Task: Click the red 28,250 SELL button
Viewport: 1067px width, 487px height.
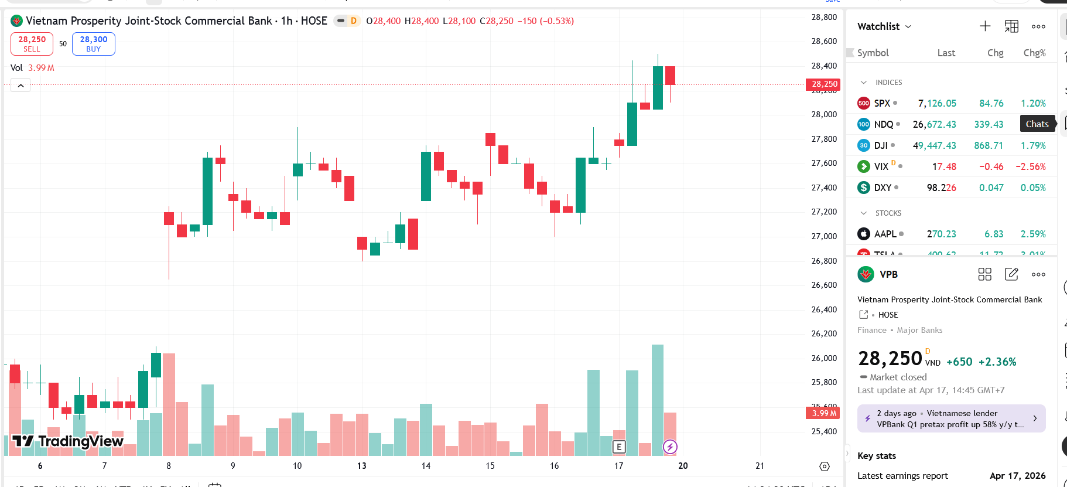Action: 32,44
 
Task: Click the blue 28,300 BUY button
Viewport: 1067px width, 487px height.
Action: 94,44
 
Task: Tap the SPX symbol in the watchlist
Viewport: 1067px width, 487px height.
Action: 882,103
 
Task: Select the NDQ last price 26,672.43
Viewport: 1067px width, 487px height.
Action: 934,124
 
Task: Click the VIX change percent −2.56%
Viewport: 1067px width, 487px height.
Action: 1030,166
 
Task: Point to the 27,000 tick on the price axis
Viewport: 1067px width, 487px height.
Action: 824,236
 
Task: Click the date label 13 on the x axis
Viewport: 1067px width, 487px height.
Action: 361,466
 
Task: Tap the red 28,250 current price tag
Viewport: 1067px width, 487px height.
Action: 824,84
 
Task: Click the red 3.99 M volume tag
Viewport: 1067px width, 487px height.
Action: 823,413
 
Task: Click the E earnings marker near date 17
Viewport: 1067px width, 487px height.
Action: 618,447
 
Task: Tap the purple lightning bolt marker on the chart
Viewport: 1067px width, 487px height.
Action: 670,447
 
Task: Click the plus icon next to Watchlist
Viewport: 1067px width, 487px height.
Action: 985,26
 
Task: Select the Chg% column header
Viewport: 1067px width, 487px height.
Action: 1034,53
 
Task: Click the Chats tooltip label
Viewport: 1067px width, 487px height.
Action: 1037,124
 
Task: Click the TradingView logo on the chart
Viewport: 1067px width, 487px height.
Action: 68,441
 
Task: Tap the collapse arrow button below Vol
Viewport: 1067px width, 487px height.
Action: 20,86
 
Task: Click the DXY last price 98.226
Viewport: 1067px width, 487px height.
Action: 941,188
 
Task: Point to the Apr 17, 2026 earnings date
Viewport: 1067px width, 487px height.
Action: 1017,476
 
